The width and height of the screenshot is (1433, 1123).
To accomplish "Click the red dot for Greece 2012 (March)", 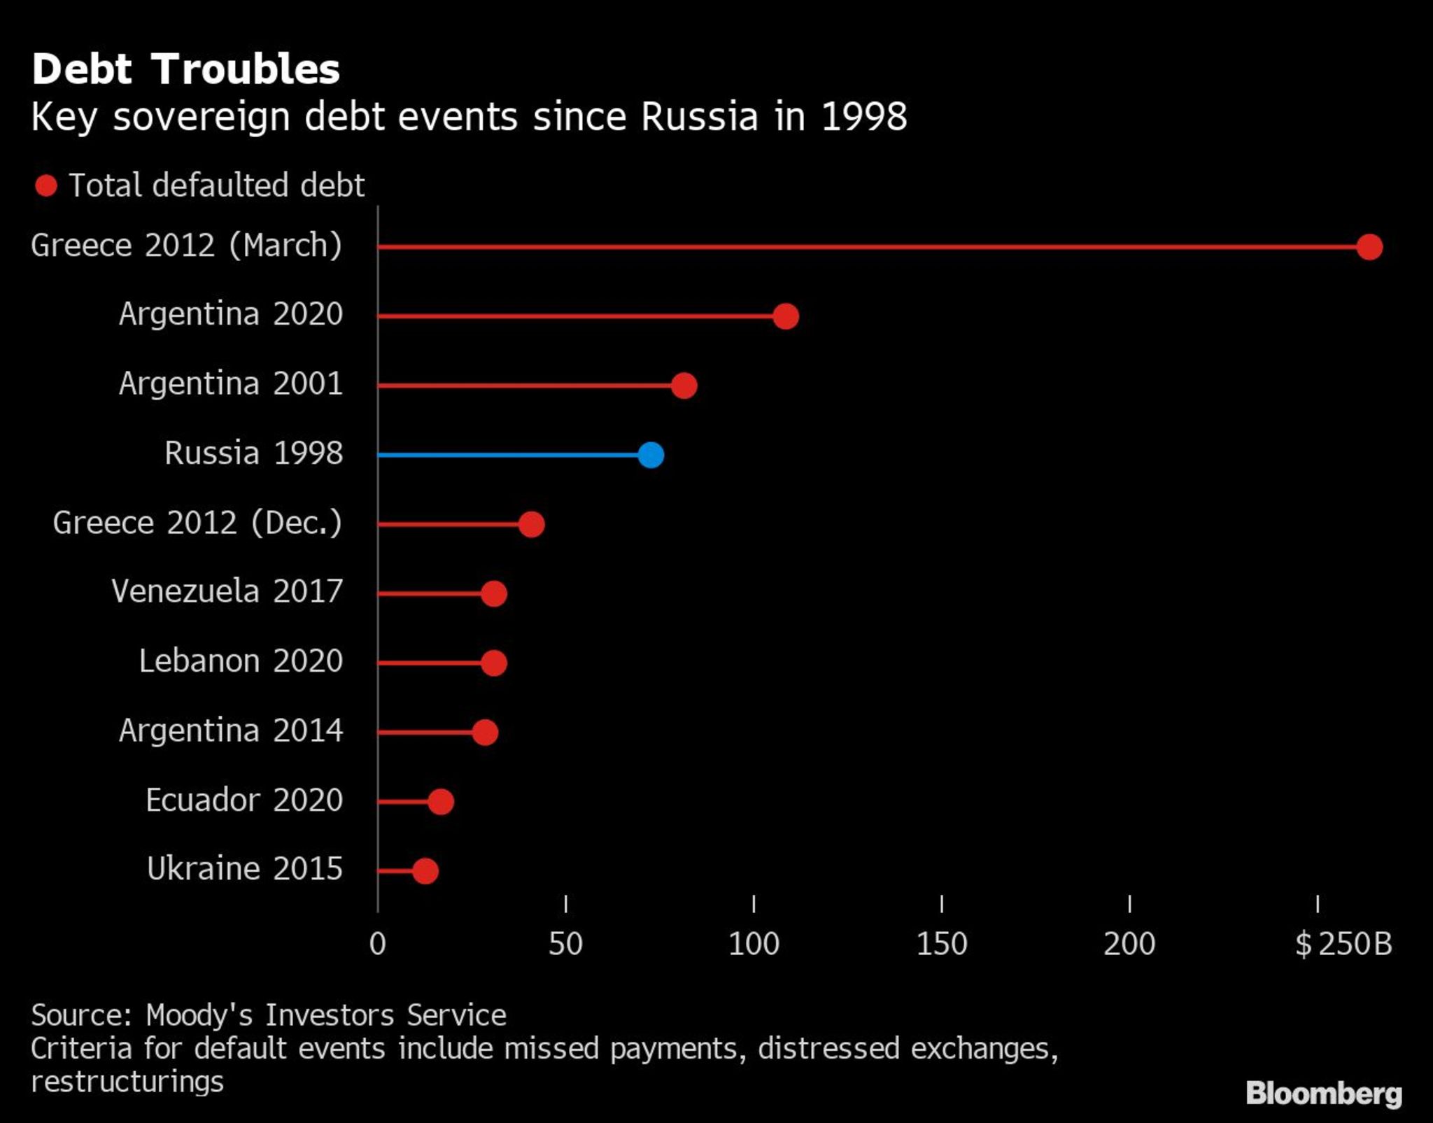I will (1369, 247).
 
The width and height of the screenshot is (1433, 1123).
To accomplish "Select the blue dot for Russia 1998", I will (651, 455).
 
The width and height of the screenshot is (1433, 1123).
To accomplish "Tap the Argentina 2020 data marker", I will (786, 316).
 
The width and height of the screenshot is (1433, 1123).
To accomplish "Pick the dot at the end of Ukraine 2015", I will (425, 871).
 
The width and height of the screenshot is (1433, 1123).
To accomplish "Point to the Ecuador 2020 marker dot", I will (441, 802).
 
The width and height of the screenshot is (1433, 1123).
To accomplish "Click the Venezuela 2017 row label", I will (227, 592).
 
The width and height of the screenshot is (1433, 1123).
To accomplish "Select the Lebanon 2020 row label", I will (241, 661).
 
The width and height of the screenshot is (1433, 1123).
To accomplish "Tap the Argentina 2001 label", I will (231, 384).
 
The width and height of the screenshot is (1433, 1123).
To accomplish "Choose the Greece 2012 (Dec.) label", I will (197, 523).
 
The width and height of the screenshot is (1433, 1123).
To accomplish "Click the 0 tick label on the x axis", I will (378, 945).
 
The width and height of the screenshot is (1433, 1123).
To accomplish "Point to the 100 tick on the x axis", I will (754, 945).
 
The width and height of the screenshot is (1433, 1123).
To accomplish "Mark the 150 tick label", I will (942, 945).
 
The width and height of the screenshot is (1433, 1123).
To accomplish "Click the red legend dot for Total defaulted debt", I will (46, 186).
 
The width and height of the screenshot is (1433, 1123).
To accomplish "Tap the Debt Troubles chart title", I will (185, 69).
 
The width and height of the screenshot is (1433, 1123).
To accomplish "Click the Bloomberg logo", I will (1324, 1093).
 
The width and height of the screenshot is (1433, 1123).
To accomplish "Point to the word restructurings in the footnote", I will (127, 1082).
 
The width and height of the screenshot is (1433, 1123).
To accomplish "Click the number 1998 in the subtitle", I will (864, 117).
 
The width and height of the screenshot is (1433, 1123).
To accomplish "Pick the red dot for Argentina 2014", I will (485, 733).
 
